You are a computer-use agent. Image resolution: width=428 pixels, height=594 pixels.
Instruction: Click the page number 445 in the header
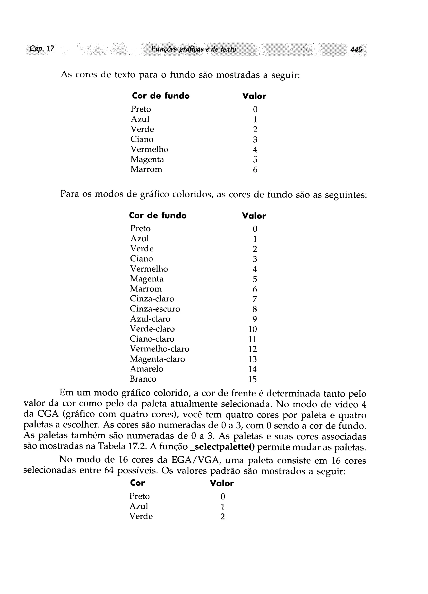coord(356,49)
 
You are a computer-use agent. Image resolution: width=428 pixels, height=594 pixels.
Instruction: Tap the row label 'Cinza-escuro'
coord(155,309)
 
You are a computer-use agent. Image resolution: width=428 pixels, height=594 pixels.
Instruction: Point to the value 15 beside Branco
coord(252,379)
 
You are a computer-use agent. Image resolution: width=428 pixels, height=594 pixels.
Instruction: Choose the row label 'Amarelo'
coord(146,369)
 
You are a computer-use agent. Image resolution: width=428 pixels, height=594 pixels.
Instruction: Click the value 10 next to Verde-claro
coord(252,329)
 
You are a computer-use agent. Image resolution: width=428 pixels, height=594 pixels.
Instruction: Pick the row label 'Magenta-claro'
coord(157,359)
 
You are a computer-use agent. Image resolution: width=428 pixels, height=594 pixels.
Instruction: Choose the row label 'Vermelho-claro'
coord(159,349)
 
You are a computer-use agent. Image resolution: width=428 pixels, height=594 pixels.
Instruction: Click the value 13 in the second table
coord(252,359)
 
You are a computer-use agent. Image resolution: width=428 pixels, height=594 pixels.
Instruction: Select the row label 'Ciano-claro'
coord(152,339)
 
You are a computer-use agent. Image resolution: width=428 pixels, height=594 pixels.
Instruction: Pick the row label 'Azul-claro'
coord(150,319)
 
